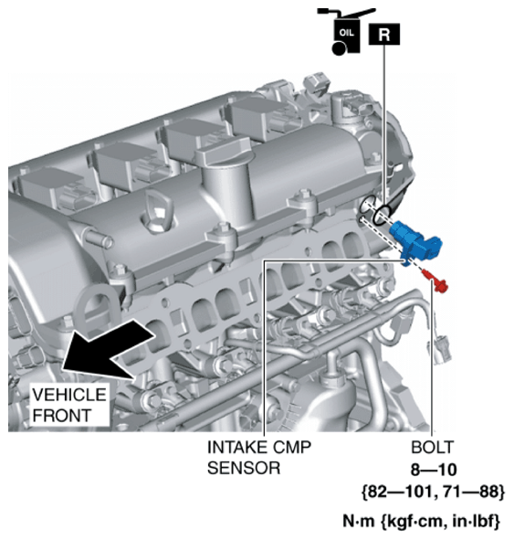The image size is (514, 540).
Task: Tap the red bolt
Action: (x=435, y=281)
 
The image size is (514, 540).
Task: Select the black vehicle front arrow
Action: (x=107, y=348)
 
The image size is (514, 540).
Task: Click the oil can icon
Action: (x=345, y=31)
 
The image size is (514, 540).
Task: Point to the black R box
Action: (x=384, y=34)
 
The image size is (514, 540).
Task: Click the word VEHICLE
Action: (x=69, y=395)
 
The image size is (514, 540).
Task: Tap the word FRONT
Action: (x=62, y=416)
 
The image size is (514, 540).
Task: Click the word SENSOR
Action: (x=244, y=469)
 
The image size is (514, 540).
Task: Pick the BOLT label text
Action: (x=433, y=448)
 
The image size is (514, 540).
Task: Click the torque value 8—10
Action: (x=434, y=470)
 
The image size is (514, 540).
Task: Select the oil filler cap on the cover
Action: (x=223, y=151)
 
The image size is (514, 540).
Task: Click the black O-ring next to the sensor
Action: (x=383, y=216)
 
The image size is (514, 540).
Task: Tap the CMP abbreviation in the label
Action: (x=292, y=448)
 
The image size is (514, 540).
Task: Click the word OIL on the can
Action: (x=346, y=33)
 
